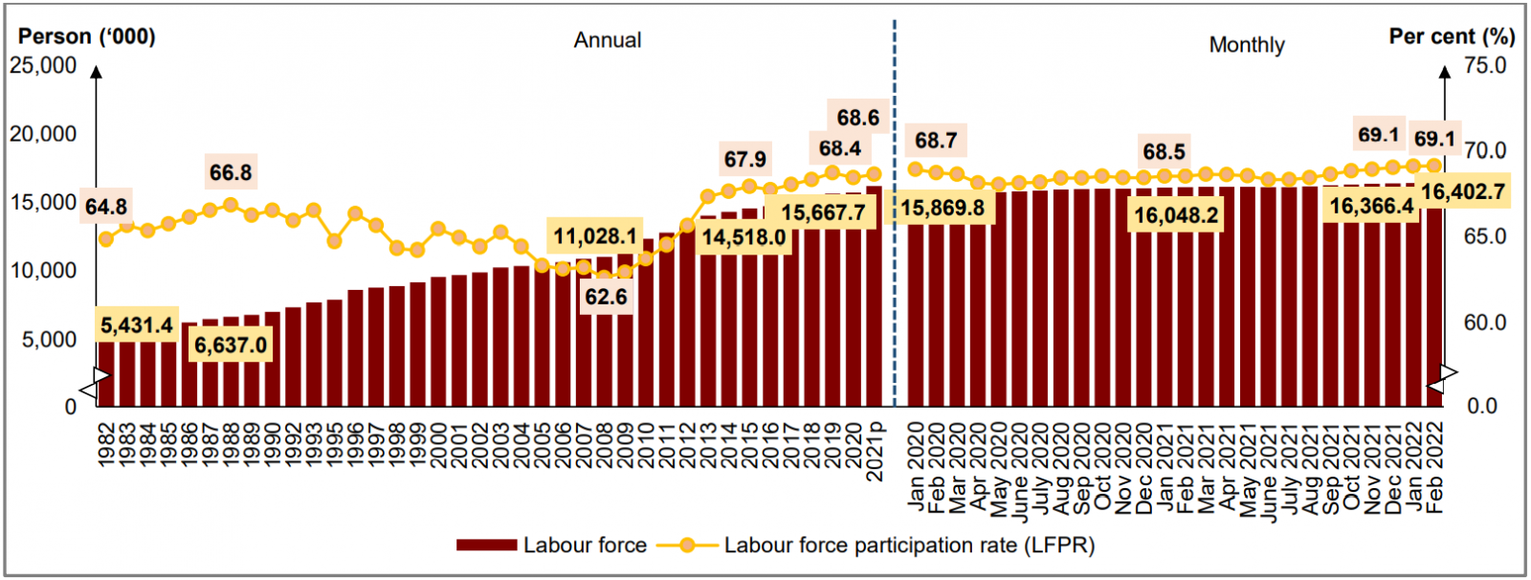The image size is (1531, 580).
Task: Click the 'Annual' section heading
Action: point(608,40)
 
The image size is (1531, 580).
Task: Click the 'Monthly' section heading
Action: point(1246,45)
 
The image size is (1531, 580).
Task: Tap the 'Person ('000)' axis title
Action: point(87,36)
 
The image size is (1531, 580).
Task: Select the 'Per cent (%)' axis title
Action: point(1452,36)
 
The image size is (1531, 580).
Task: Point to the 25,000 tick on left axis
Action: point(43,65)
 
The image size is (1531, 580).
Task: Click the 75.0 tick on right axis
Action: point(1485,65)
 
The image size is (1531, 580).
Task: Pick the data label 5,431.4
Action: point(137,325)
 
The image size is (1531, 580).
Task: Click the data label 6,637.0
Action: point(231,345)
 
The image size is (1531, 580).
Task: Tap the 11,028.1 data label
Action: point(595,236)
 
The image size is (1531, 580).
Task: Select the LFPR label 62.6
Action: point(606,297)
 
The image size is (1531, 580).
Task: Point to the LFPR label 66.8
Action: point(231,172)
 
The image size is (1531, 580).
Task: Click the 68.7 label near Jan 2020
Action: point(935,141)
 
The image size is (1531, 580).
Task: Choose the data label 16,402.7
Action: point(1462,192)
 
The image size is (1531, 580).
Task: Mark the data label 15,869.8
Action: point(942,208)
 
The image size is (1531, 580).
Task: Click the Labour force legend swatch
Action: point(486,546)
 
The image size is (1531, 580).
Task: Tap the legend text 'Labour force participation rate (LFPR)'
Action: point(909,546)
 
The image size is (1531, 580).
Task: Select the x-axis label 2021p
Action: point(875,451)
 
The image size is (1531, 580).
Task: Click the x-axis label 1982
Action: point(106,445)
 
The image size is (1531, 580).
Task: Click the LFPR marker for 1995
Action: point(335,242)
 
